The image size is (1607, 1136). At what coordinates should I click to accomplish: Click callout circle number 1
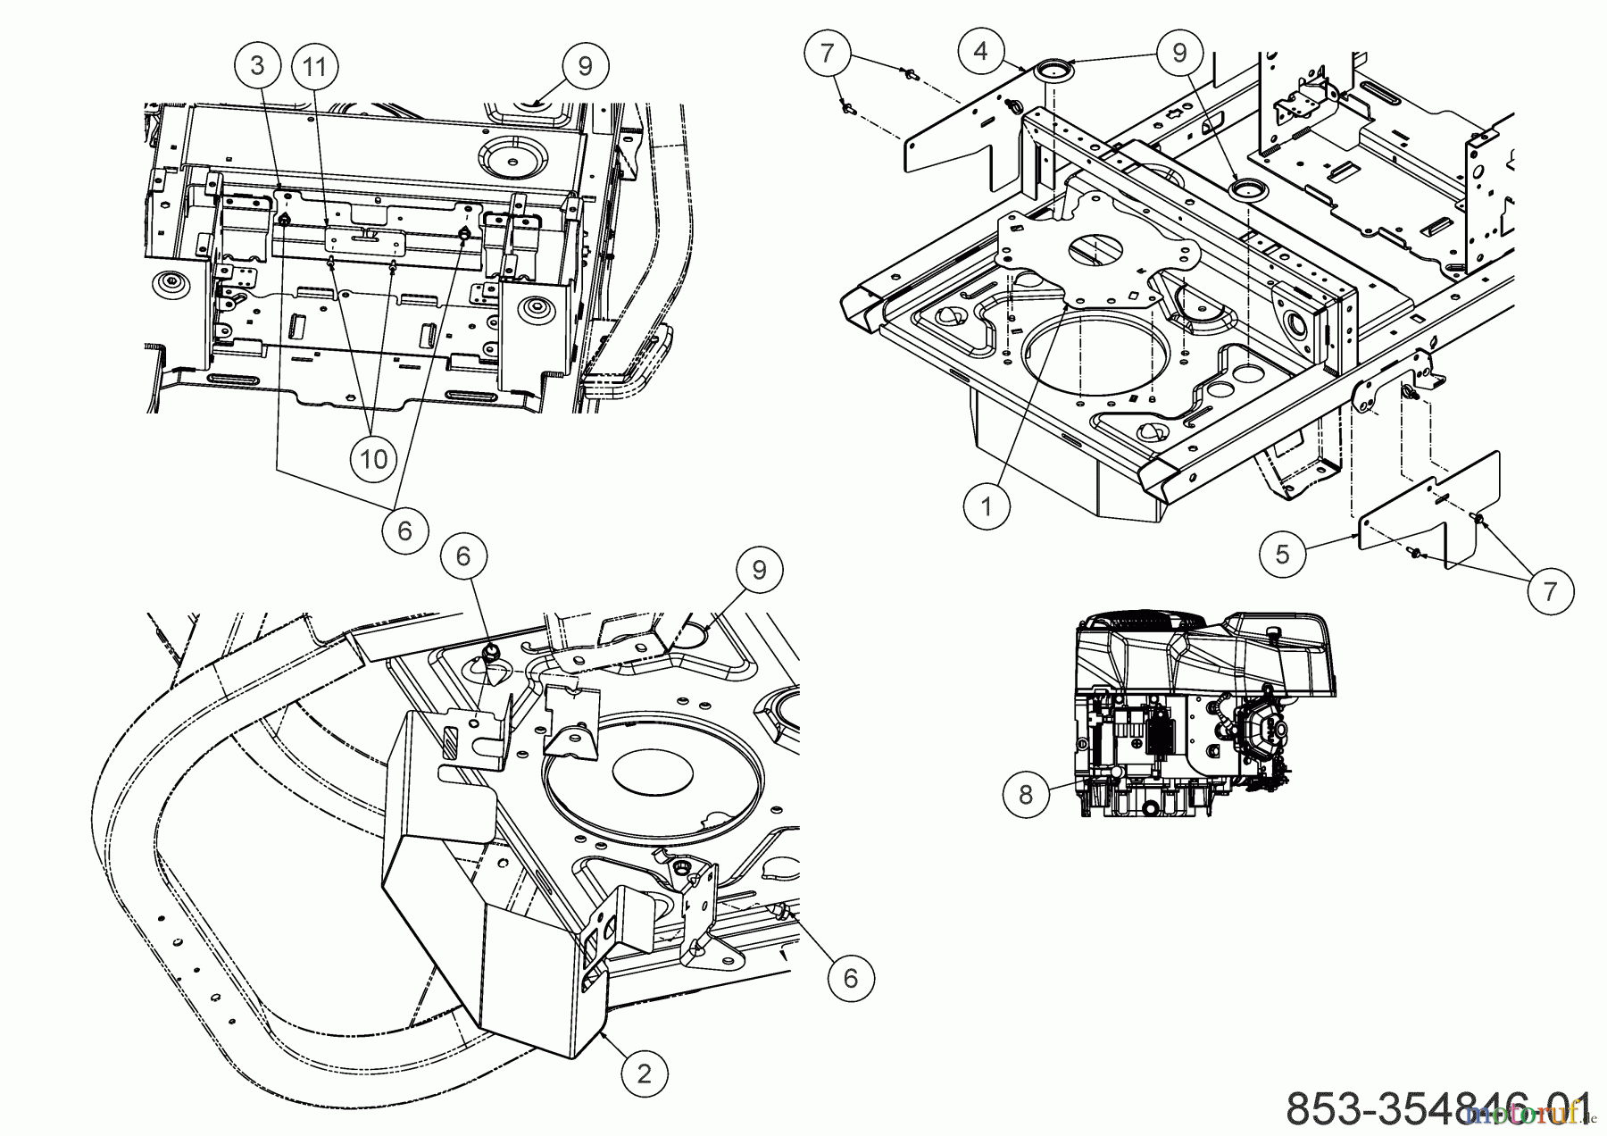tap(987, 506)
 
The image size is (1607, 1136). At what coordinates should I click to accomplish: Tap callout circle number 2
tap(644, 1074)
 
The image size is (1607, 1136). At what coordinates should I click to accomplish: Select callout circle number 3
tap(258, 65)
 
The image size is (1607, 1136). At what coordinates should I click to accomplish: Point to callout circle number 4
tap(981, 51)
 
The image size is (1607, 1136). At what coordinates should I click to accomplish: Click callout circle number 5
tap(1282, 554)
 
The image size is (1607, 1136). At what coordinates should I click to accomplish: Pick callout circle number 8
tap(1025, 794)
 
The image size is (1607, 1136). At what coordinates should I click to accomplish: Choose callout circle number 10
tap(373, 459)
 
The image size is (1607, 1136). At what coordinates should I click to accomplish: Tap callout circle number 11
tap(312, 65)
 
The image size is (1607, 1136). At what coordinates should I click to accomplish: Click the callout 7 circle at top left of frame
tap(827, 53)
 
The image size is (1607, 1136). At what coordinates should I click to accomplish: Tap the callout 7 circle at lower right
tap(1549, 590)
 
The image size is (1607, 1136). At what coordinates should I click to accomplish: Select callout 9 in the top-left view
tap(585, 66)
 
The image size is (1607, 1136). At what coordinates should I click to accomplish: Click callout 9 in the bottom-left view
tap(759, 570)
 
